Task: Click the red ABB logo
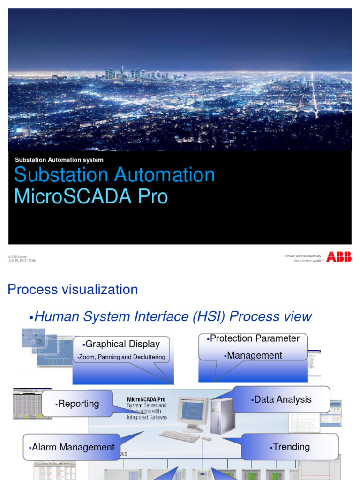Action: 339,257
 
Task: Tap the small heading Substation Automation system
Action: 59,160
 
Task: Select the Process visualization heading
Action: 73,290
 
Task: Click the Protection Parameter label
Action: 254,338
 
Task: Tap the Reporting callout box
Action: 77,404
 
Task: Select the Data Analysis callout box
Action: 281,399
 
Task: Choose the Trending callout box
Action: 290,447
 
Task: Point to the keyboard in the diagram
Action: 179,436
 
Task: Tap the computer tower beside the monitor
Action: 221,415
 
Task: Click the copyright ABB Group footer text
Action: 18,257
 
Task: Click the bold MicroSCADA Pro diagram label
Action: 146,399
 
